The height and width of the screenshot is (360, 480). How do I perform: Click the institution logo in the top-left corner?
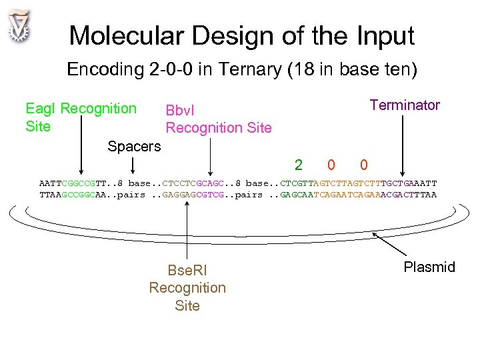pos(19,26)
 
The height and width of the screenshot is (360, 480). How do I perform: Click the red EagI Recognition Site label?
pos(81,117)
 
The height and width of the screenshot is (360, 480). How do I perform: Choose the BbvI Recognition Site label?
pos(218,119)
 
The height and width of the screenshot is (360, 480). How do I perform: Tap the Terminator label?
pos(405,105)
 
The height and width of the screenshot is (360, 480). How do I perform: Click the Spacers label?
pos(134,146)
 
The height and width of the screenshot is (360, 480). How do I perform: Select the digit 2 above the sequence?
pos(299,165)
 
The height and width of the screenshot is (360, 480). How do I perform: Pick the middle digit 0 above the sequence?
pos(331,165)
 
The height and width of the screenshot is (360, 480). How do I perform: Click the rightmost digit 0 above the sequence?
pos(363,165)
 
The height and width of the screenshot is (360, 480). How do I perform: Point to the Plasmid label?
pos(429,267)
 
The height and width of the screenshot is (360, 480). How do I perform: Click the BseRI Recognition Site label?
pos(187,288)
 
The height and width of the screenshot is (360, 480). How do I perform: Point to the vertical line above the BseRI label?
pos(187,227)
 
